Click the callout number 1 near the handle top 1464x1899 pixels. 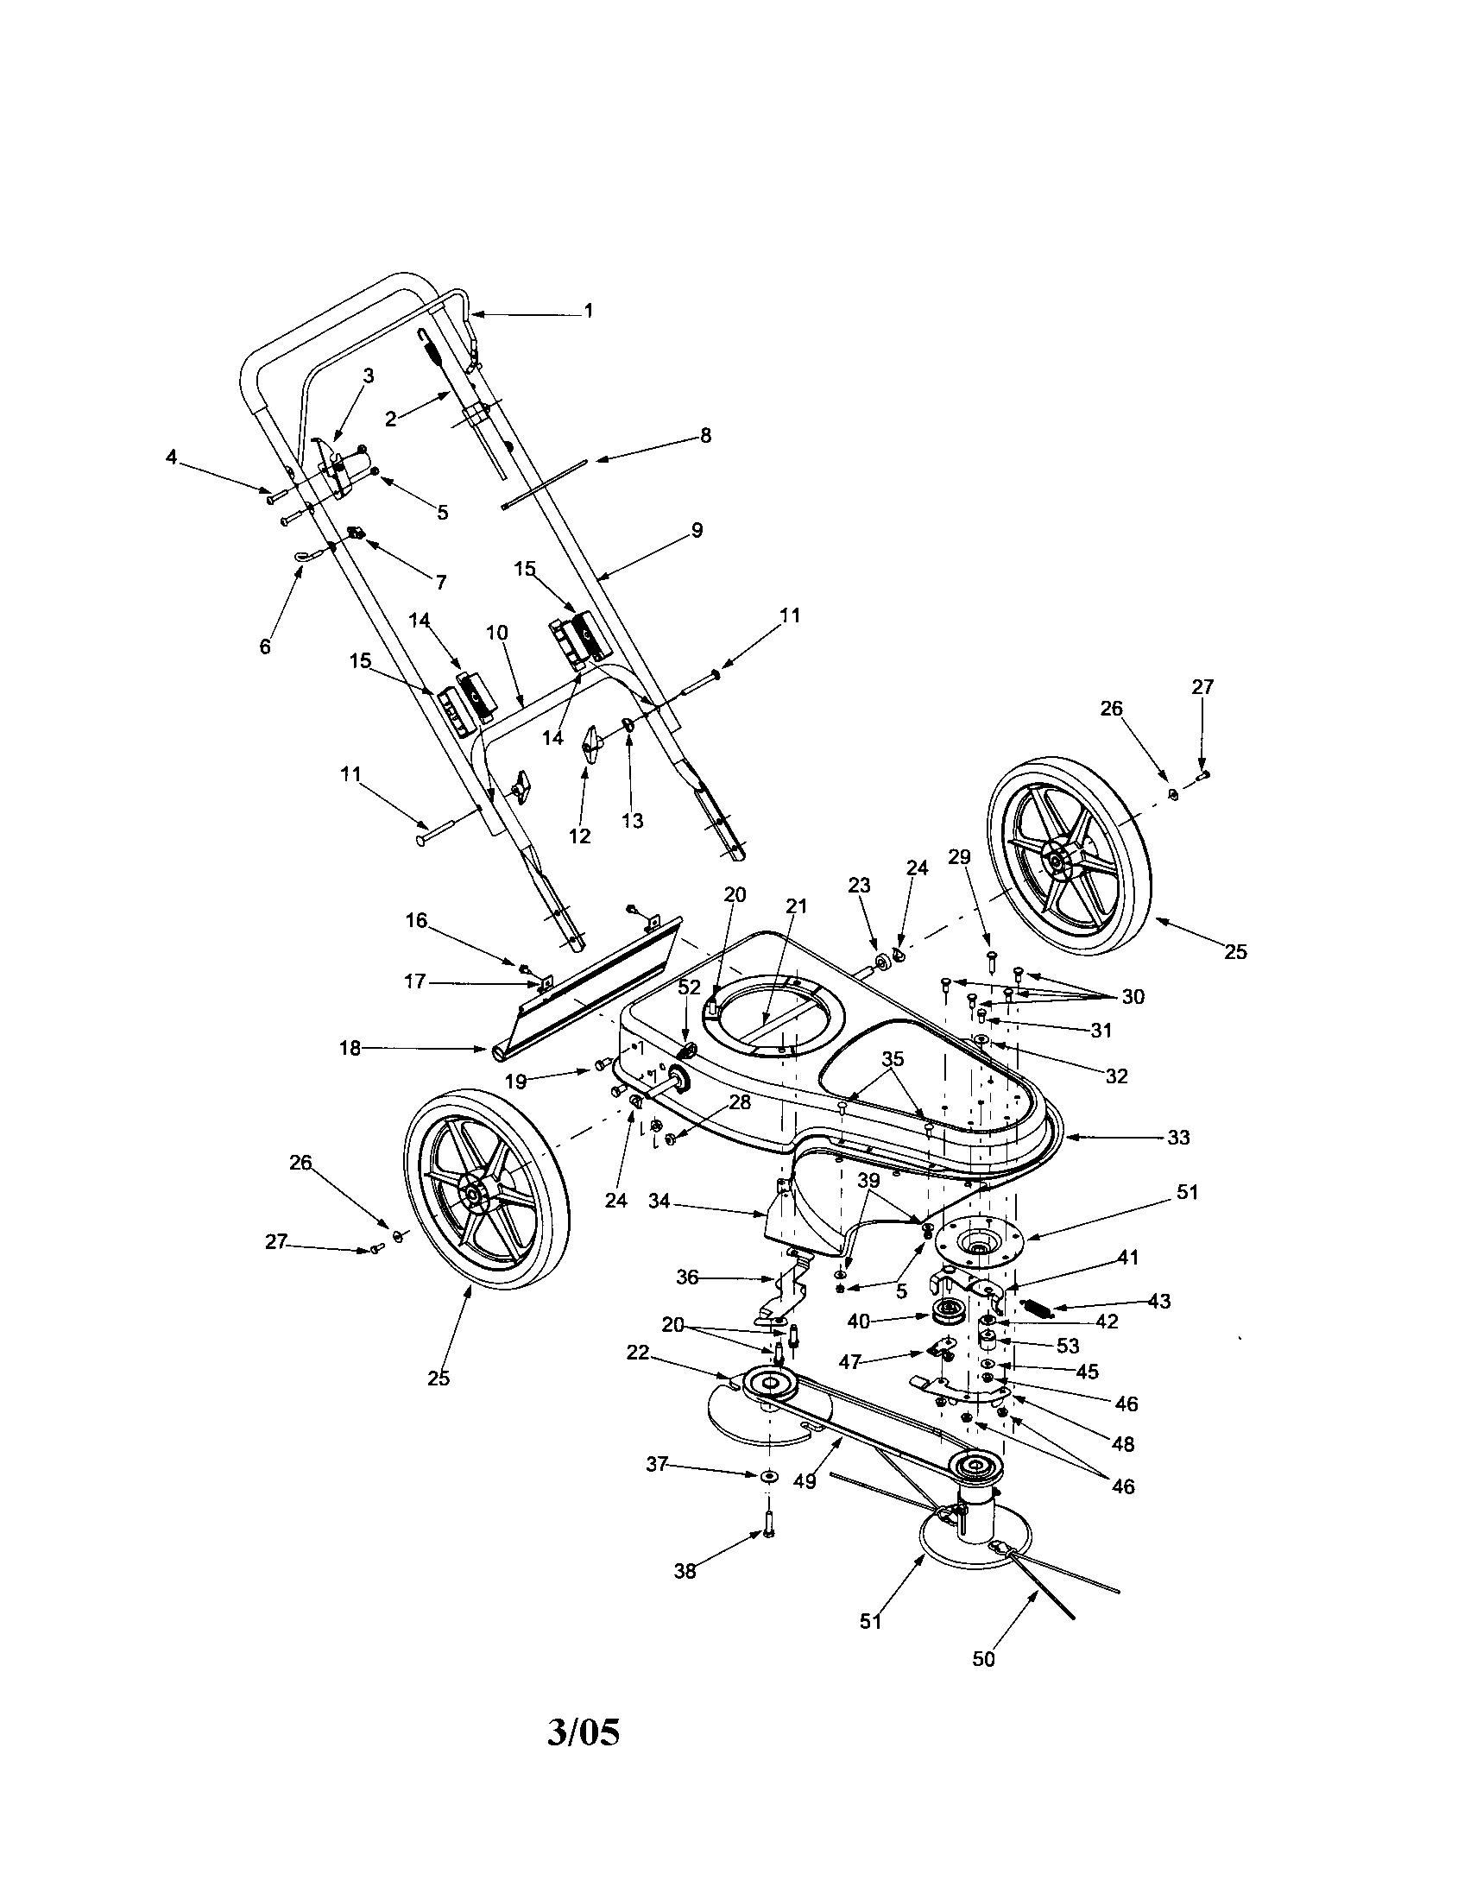click(589, 311)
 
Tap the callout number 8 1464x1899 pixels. click(705, 436)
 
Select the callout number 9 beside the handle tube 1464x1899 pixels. click(697, 529)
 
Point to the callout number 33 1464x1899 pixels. click(1178, 1138)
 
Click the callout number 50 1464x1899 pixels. click(983, 1659)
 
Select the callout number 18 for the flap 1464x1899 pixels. click(350, 1049)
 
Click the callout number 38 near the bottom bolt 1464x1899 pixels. click(685, 1572)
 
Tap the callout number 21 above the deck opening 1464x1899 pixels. click(797, 906)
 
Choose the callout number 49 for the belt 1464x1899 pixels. click(805, 1480)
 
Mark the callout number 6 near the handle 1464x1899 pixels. click(265, 646)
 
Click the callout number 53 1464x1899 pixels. click(1068, 1346)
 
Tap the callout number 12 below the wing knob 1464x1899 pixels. click(579, 836)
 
